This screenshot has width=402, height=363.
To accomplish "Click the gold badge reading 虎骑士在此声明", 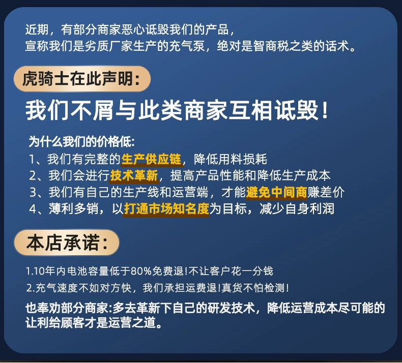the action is coord(82,79).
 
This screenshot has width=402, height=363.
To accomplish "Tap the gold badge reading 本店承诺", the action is coord(67,243).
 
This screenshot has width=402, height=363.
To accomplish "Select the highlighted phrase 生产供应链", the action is coord(151,159).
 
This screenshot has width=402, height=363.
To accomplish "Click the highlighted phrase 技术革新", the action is coord(134,176).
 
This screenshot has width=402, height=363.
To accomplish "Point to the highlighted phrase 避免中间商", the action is coord(276,192).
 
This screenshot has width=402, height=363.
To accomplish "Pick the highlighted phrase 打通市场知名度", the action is coord(166,209).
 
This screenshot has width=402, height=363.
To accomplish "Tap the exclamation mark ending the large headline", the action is coord(325,110).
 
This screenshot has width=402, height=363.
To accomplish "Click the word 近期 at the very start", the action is coord(37,29).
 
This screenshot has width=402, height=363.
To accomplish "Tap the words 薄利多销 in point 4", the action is coord(74,209).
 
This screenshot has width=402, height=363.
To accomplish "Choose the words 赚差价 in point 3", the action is coord(326,192).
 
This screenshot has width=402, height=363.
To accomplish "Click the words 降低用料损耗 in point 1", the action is coord(231,159).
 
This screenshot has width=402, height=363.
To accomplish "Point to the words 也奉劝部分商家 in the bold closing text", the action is coord(67,308).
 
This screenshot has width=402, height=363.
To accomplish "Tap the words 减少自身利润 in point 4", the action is coord(297,209).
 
